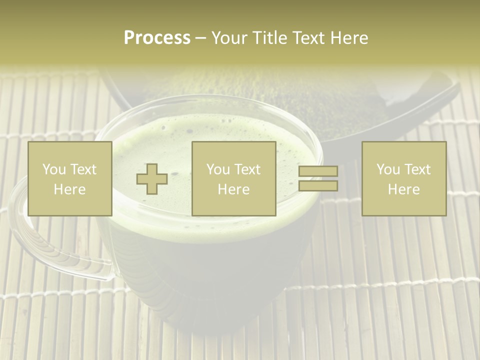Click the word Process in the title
click(x=157, y=38)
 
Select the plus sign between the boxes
click(x=152, y=179)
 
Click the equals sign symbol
click(x=318, y=178)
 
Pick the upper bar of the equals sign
click(x=318, y=171)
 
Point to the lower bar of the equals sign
click(x=318, y=186)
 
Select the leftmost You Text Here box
click(x=69, y=178)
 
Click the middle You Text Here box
click(x=233, y=178)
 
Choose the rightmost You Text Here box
click(x=403, y=178)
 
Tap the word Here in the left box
click(x=69, y=189)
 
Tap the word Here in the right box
click(x=403, y=189)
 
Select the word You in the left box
click(x=53, y=169)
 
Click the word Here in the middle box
click(x=233, y=189)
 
